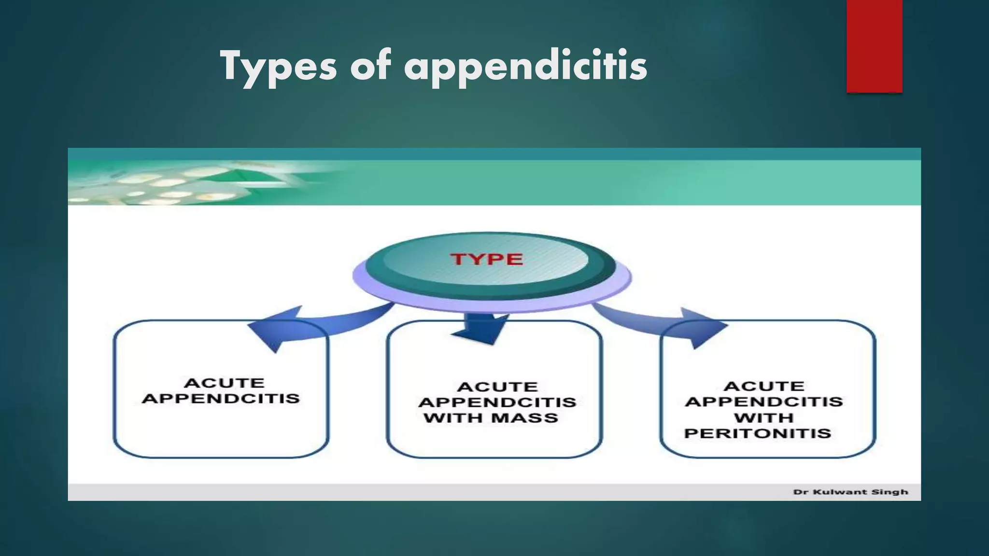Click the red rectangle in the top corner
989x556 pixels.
(874, 46)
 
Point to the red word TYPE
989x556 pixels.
(487, 259)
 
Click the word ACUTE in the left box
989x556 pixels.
(224, 383)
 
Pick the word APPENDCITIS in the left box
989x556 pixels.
(221, 399)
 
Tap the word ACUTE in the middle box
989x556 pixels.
(497, 387)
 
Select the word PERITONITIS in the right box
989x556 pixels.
(757, 433)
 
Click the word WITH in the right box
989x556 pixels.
(764, 418)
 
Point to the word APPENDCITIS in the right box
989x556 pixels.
(764, 402)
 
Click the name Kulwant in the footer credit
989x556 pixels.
(840, 492)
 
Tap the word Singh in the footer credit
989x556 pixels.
(891, 492)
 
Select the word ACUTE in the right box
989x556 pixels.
(764, 387)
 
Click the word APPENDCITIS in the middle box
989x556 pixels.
(497, 403)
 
